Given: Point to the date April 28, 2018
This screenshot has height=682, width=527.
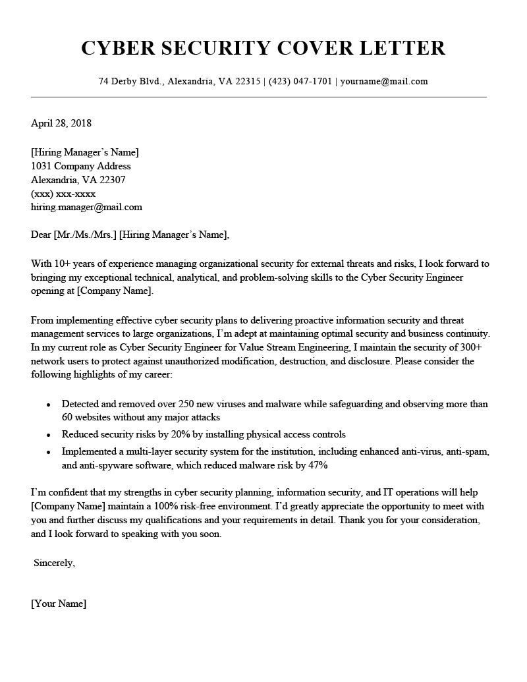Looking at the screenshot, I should pos(61,123).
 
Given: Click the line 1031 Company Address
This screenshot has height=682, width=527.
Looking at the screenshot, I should pos(81,166).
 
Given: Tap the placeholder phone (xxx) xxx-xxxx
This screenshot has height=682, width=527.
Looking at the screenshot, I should pos(63,194).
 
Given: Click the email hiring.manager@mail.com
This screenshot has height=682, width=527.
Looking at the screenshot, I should pos(86,207).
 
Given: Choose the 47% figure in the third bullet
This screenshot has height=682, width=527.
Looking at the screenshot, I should pos(317,465).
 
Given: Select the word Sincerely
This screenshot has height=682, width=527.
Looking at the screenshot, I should pos(55,563).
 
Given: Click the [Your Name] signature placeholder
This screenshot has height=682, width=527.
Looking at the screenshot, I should pos(59,604).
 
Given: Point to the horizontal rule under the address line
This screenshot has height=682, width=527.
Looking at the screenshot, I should pos(258,98).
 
